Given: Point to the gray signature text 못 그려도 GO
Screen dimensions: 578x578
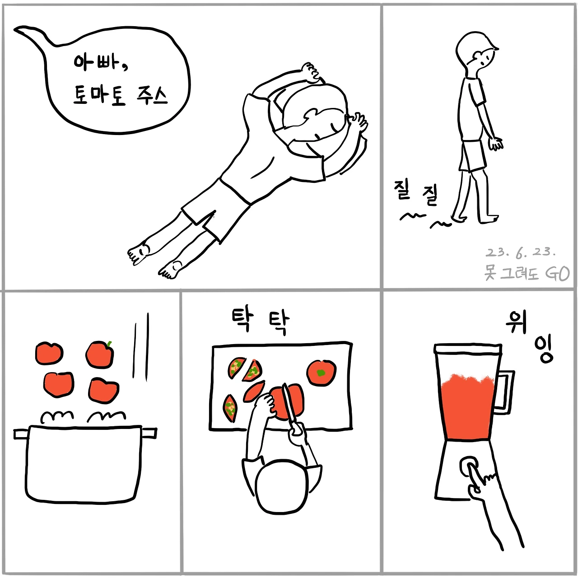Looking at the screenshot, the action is click(x=527, y=273).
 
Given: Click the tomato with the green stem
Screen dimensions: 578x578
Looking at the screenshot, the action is click(x=100, y=354).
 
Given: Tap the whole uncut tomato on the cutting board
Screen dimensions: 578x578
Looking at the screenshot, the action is click(x=321, y=373).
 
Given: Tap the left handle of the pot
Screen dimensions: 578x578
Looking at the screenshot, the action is click(x=21, y=434).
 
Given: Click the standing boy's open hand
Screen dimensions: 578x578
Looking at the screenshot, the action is click(x=496, y=144).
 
